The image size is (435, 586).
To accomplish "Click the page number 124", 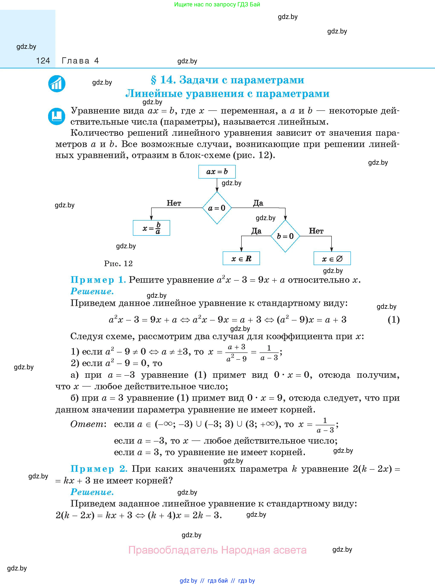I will [x=43, y=61].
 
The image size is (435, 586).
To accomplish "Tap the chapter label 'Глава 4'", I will [x=80, y=61].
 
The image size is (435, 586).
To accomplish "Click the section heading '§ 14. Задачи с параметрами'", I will [x=227, y=80].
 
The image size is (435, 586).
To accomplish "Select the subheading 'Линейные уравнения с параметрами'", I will [x=227, y=94].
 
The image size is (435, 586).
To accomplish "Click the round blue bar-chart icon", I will [x=57, y=84].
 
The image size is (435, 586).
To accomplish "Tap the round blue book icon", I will [x=57, y=116].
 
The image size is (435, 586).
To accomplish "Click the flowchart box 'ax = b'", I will [x=217, y=172].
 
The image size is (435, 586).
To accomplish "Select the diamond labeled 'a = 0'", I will [x=217, y=208].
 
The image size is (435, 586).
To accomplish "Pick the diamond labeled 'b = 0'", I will [x=285, y=236].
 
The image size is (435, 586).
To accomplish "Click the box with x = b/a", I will [x=151, y=228].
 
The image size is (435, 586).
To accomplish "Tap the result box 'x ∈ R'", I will [x=241, y=258].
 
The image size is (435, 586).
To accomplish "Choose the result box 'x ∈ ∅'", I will [x=332, y=258].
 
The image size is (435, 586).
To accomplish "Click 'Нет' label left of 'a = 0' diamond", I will [x=174, y=203].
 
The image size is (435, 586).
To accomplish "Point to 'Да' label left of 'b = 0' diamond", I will [x=256, y=231].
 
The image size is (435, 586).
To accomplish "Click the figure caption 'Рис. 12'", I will [x=118, y=264].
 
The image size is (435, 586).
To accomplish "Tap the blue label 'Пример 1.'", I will [x=98, y=280].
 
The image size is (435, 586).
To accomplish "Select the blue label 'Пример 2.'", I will [x=99, y=469].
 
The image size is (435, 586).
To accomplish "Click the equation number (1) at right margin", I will [x=394, y=320].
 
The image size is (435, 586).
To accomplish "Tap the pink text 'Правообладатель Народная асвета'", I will [x=217, y=550].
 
